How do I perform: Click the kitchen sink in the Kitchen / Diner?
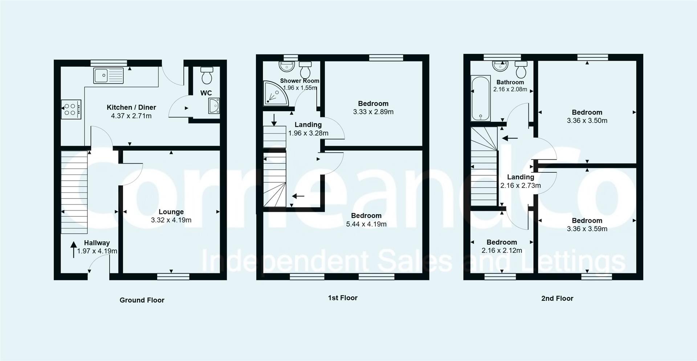click(x=108, y=76)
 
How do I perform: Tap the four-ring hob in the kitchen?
click(x=70, y=109)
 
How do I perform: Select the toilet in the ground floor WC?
click(x=207, y=75)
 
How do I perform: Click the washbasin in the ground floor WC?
click(x=214, y=106)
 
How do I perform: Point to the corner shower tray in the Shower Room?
click(x=274, y=93)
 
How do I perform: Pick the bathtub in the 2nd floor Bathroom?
click(x=480, y=99)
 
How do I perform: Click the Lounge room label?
click(x=171, y=212)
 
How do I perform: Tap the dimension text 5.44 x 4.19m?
click(x=366, y=224)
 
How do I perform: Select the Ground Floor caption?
click(x=142, y=300)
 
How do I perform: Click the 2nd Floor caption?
click(x=557, y=298)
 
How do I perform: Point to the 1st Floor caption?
click(x=343, y=298)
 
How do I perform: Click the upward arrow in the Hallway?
click(x=74, y=249)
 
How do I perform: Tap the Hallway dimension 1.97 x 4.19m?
click(x=97, y=251)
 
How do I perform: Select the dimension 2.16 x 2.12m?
click(x=502, y=250)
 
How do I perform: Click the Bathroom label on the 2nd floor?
click(x=510, y=82)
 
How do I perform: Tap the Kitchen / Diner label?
click(x=131, y=107)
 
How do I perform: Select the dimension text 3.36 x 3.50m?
click(x=587, y=121)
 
